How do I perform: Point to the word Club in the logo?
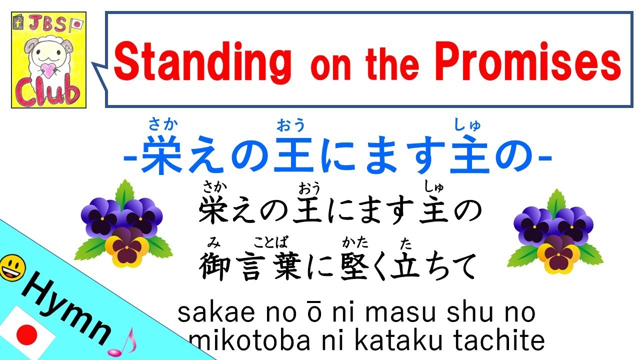(x=48, y=93)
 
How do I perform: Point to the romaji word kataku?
(x=398, y=341)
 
